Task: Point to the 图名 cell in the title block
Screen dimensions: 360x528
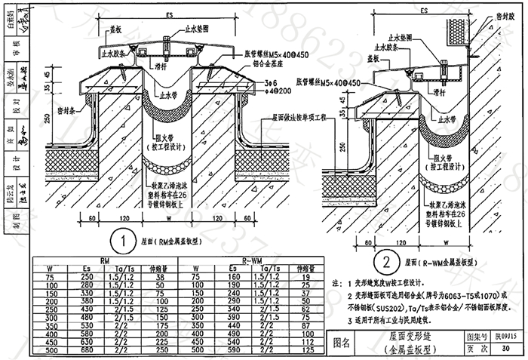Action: [x=342, y=343]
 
